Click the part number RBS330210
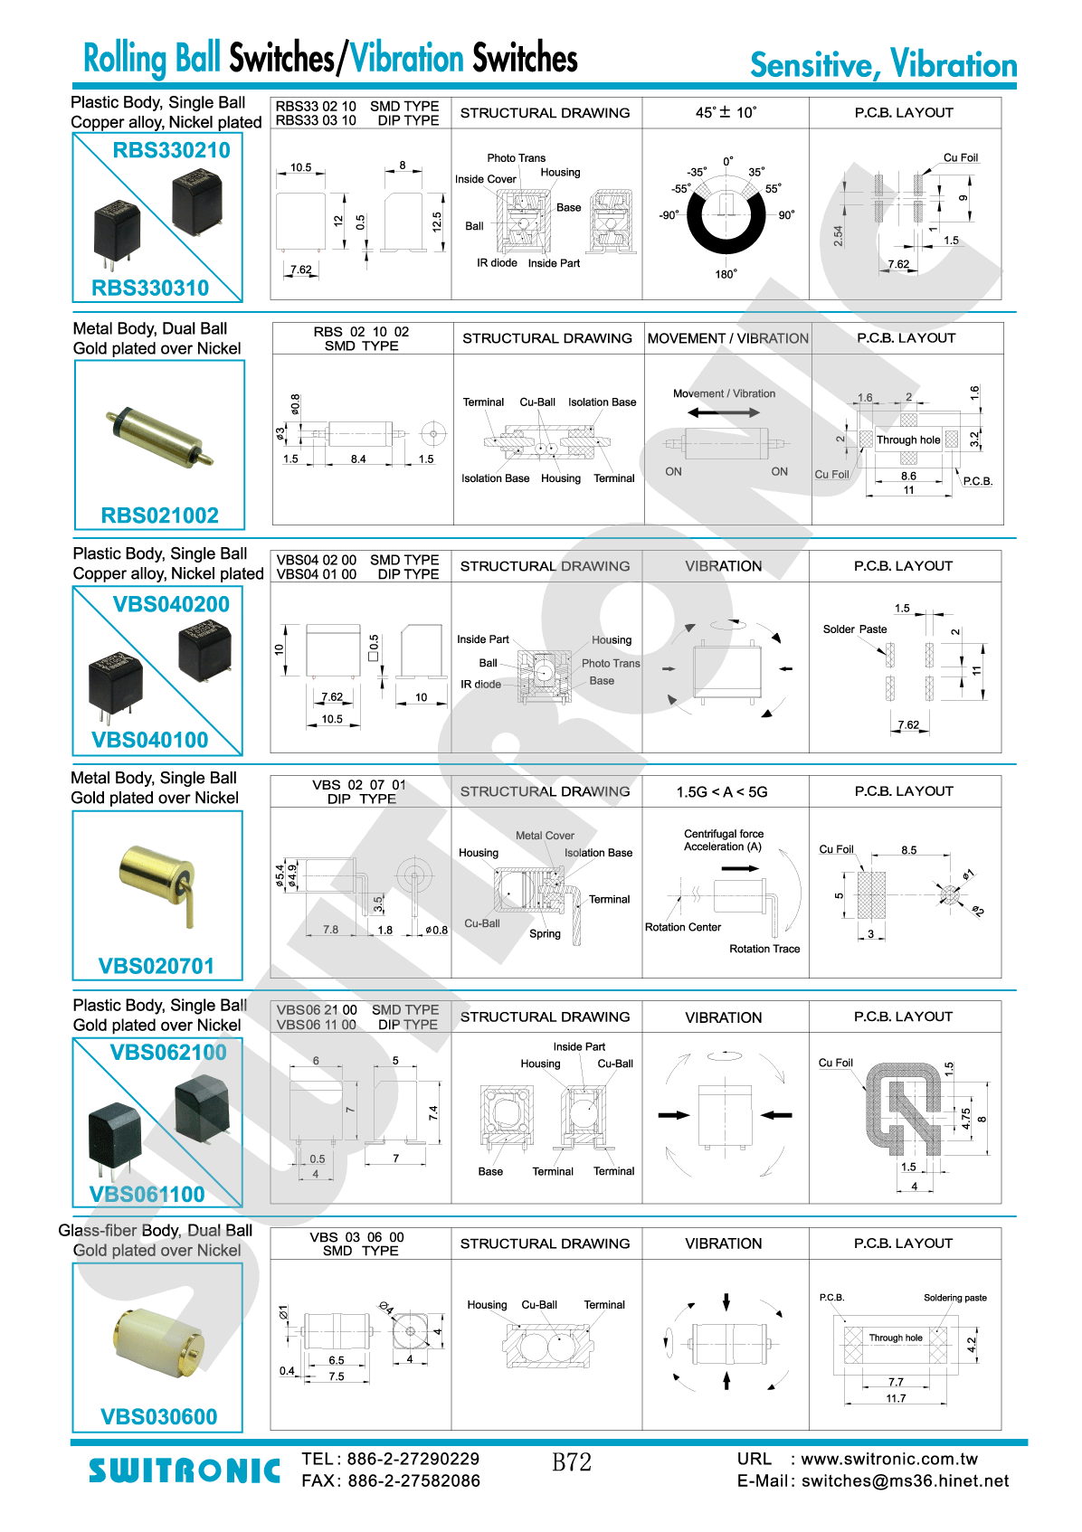coord(171,150)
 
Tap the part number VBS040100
coord(150,740)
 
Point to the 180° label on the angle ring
coord(726,274)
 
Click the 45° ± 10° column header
coord(726,112)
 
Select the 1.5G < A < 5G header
coord(722,792)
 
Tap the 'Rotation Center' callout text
coord(683,927)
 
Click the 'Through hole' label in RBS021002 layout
coord(908,440)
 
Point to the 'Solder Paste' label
coord(855,629)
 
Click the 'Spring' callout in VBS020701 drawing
coord(545,934)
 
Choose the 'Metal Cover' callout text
coord(545,836)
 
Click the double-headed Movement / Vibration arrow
coord(724,412)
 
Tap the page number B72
coord(572,1462)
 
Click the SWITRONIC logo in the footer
coord(185,1471)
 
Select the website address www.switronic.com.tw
coord(889,1459)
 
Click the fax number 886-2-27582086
coord(413,1480)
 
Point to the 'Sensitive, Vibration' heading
coord(883,65)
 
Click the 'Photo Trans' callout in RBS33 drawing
coord(517,158)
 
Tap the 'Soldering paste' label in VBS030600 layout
coord(954,1298)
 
